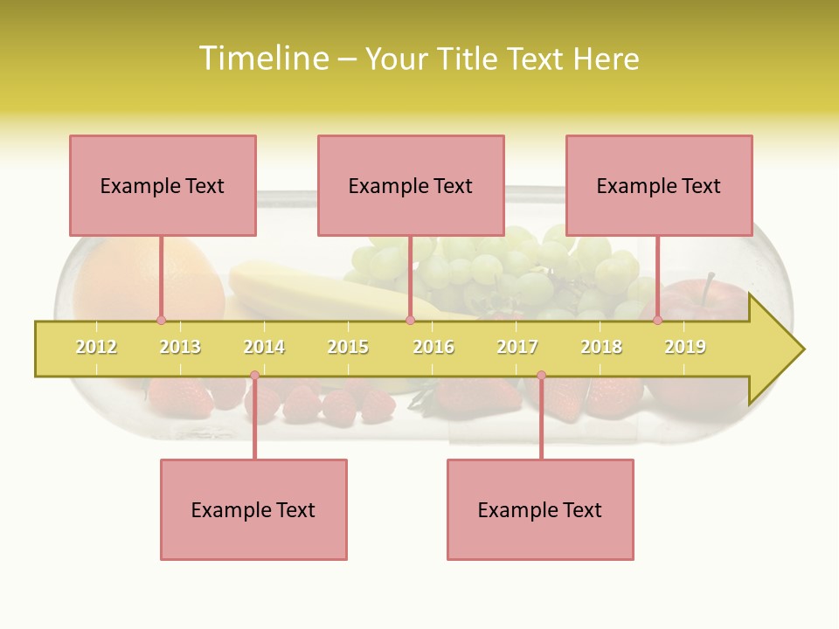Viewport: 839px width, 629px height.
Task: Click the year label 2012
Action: click(x=96, y=347)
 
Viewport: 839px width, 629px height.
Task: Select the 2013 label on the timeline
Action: click(x=180, y=347)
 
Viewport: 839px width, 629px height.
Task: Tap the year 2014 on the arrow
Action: click(x=264, y=347)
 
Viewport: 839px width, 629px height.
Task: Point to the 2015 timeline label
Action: click(x=348, y=347)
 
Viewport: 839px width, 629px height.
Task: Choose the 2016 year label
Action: click(x=433, y=347)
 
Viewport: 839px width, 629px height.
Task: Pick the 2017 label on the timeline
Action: click(x=517, y=347)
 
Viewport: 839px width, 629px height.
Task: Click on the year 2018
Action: click(x=601, y=347)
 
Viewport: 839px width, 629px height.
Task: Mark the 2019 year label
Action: click(x=685, y=347)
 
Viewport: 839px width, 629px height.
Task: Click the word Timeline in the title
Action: click(x=262, y=59)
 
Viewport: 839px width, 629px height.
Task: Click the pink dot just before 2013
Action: click(x=161, y=320)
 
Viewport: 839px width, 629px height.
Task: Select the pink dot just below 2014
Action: click(x=254, y=376)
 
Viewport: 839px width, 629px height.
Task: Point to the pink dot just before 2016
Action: click(x=410, y=320)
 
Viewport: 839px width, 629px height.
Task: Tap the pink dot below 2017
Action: click(x=541, y=376)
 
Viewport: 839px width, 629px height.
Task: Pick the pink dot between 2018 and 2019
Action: click(x=657, y=320)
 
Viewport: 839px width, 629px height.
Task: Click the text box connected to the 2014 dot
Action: click(x=253, y=509)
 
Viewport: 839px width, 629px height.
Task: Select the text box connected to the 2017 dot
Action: click(x=540, y=509)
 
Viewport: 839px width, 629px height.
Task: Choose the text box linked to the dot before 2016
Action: click(x=411, y=185)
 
